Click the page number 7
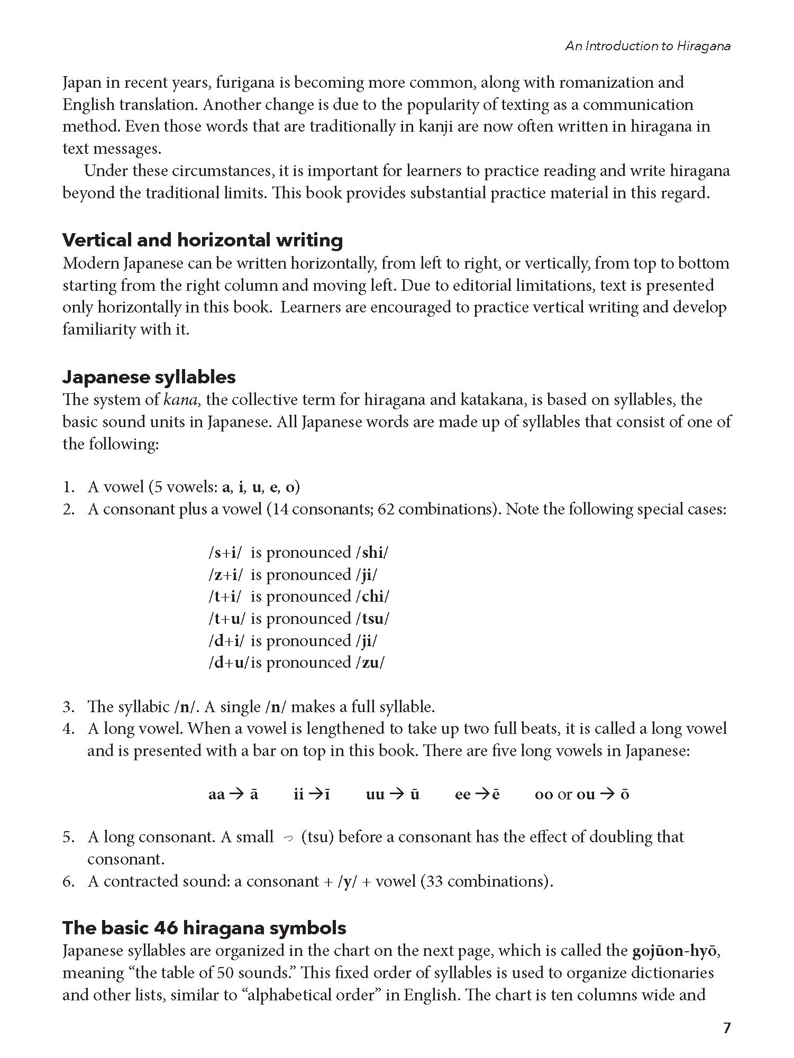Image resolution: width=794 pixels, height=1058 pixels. tap(726, 1028)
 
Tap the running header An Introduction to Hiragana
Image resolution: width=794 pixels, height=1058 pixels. tap(648, 46)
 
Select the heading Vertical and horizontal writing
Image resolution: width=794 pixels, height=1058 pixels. tap(203, 240)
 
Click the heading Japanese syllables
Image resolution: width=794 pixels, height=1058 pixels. tap(149, 377)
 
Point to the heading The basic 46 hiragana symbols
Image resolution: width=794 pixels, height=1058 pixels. tap(204, 928)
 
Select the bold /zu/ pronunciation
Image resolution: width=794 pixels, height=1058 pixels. tap(370, 663)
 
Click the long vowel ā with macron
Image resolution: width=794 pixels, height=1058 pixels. tap(254, 795)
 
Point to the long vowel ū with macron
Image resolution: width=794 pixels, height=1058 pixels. tap(415, 795)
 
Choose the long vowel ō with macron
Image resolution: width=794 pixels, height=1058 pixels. tap(625, 795)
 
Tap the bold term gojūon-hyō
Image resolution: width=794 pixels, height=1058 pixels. tap(675, 951)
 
